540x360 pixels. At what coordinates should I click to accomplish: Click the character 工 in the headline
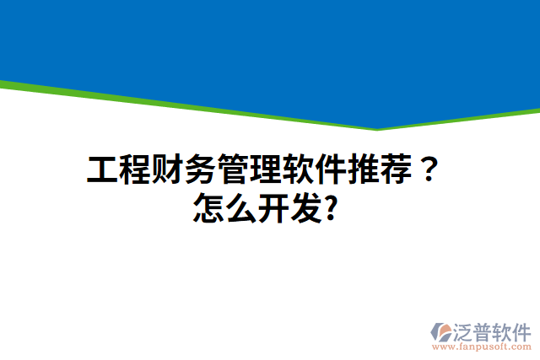click(103, 170)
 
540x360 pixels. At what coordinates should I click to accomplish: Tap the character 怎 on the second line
click(208, 206)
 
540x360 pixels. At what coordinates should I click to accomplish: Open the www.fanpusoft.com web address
click(482, 346)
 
